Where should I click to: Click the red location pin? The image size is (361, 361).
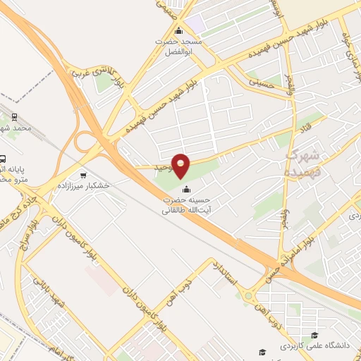point(181,166)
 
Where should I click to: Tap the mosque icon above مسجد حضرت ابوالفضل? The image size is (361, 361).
point(178,30)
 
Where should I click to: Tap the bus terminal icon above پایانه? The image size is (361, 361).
point(3,159)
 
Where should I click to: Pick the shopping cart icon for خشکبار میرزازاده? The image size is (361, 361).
point(84,175)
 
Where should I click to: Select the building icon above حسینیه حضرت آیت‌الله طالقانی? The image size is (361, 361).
point(186,190)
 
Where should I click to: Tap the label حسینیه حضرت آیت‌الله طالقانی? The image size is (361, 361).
point(186,205)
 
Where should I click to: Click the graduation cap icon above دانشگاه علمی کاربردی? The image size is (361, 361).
point(314,335)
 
